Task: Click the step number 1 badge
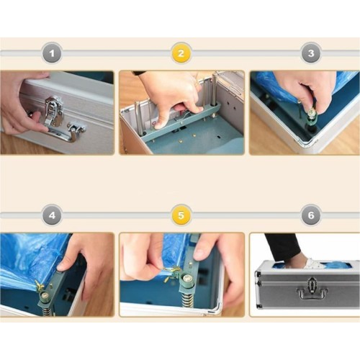click(52, 53)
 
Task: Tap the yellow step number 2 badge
click(181, 53)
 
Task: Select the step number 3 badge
click(311, 53)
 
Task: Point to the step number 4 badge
click(52, 215)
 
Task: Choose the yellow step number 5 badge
click(181, 215)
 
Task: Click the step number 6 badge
click(311, 215)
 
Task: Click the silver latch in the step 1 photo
click(53, 111)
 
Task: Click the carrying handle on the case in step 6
click(312, 292)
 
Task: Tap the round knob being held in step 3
click(311, 112)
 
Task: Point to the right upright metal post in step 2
click(214, 90)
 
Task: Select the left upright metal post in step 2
click(138, 117)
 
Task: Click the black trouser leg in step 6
click(282, 245)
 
